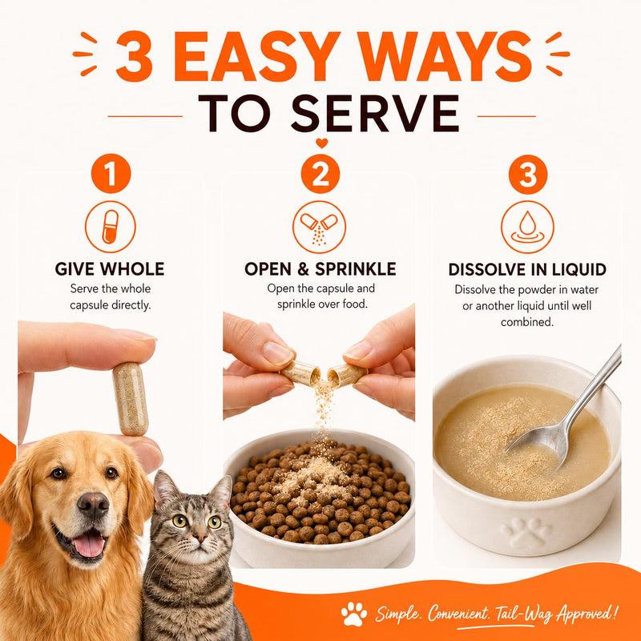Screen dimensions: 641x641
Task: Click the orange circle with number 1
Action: (x=111, y=173)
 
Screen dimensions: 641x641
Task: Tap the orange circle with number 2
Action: (x=320, y=174)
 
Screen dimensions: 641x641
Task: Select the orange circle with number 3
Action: (x=528, y=175)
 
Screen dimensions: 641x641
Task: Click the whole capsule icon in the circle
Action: (x=111, y=227)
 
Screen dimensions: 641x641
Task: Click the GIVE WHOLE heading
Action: (x=110, y=269)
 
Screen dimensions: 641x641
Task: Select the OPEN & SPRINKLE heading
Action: (x=320, y=269)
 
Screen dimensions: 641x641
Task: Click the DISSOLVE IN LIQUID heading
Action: (x=527, y=270)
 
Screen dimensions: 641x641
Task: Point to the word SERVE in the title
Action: (x=375, y=113)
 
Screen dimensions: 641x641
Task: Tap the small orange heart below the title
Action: (x=322, y=143)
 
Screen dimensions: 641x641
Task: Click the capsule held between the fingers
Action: (x=131, y=398)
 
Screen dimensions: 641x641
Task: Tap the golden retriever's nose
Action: (x=94, y=506)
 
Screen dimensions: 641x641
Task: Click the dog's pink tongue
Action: (x=88, y=546)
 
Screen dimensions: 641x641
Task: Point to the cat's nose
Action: (x=200, y=536)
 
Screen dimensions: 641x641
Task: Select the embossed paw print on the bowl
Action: (x=527, y=533)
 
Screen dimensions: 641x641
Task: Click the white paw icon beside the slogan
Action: (x=354, y=613)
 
